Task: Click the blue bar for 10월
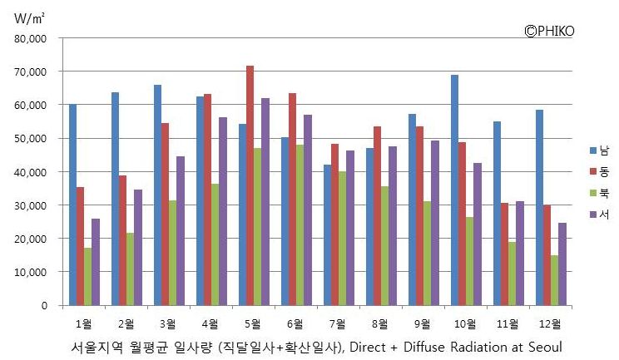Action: coord(454,190)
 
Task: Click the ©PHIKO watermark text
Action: coord(549,31)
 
